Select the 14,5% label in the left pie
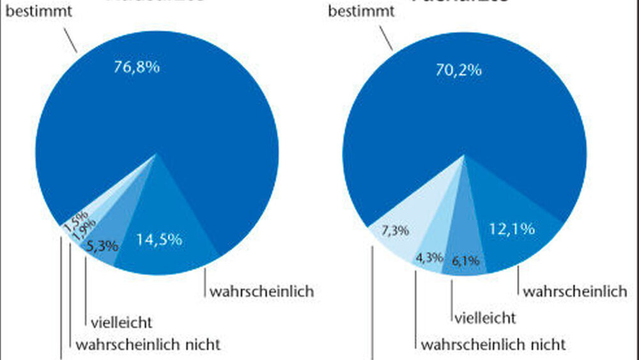(x=159, y=240)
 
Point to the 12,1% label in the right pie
(x=511, y=230)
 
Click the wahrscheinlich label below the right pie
(x=574, y=292)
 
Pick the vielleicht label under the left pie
(x=122, y=322)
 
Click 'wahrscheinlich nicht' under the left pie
(x=148, y=345)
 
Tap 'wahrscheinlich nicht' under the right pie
(x=493, y=345)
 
